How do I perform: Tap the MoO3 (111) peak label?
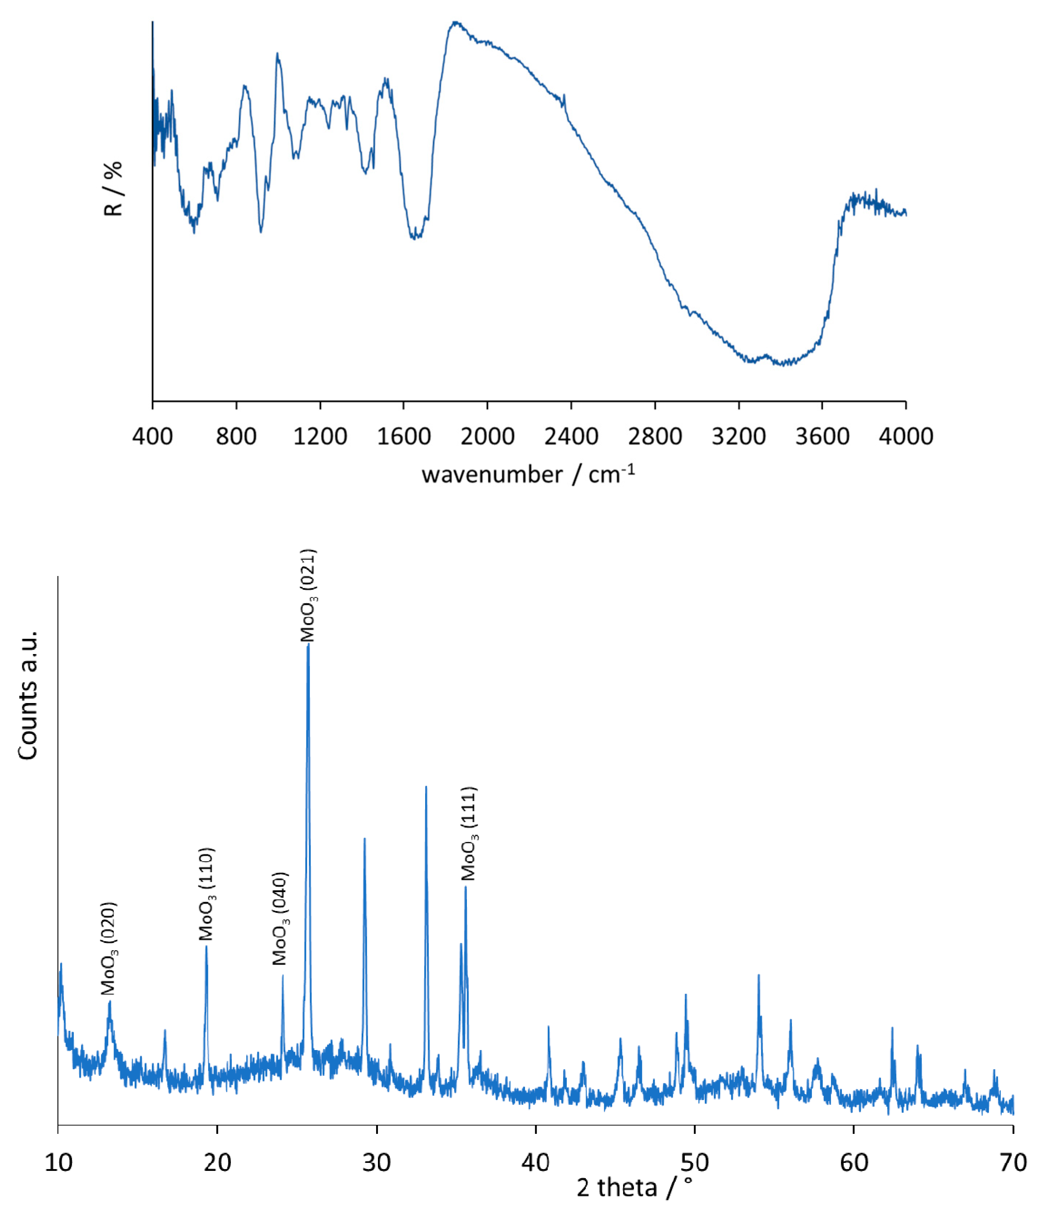click(x=469, y=834)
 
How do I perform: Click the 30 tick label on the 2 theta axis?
click(x=376, y=1162)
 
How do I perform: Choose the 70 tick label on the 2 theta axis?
click(x=1013, y=1162)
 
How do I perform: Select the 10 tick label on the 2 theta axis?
click(x=58, y=1162)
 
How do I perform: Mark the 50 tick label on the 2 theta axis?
click(x=695, y=1162)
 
